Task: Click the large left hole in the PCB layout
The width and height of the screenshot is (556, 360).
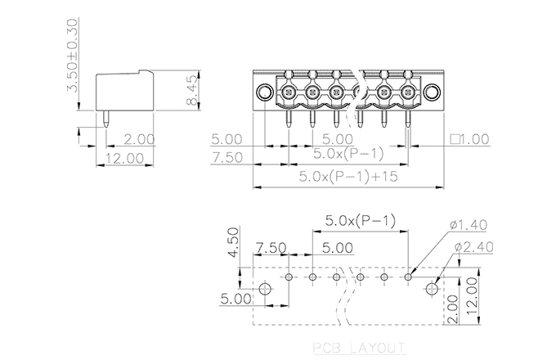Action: [266, 290]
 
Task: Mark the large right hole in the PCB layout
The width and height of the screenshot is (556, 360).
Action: [433, 289]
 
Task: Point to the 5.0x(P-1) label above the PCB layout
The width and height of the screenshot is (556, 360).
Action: [360, 221]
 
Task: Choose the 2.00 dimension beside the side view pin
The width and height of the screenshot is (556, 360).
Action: [140, 139]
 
